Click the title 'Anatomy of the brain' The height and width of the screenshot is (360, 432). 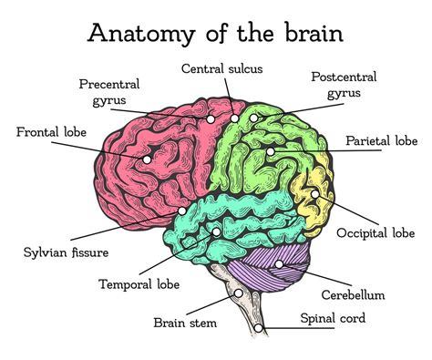coord(215,33)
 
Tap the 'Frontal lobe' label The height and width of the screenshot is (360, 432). coord(51,132)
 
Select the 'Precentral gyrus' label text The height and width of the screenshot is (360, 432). coord(108,91)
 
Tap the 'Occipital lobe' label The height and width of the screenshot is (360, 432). coord(375,233)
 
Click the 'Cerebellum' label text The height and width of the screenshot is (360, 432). coord(353,294)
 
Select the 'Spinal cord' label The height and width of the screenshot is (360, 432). coord(333,318)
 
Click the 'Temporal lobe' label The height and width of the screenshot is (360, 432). coord(139,283)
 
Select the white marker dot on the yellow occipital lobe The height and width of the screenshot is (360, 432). coord(314,193)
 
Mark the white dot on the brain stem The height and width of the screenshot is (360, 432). coord(239,293)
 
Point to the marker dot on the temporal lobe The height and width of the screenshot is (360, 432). coord(216,231)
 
